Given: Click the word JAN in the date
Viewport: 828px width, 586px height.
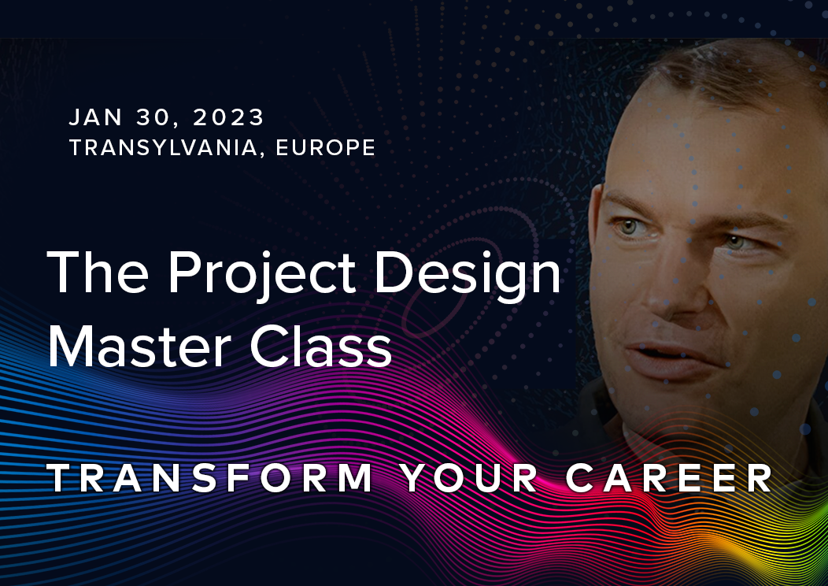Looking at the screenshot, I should click(91, 118).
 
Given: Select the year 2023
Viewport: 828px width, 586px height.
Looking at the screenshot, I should click(228, 118).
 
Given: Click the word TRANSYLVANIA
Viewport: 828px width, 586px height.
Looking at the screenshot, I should click(164, 147).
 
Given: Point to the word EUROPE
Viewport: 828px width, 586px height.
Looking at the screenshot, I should click(325, 147).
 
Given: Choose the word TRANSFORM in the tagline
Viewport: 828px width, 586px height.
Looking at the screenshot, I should click(211, 478).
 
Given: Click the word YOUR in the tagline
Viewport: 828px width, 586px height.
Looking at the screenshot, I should click(469, 478).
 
